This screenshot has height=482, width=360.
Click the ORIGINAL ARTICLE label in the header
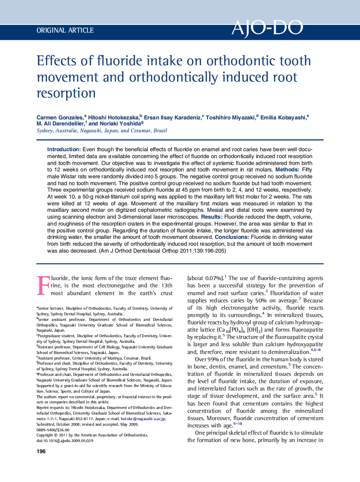point(65,30)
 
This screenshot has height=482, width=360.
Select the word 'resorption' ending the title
point(66,93)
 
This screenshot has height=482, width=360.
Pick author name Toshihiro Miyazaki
point(230,117)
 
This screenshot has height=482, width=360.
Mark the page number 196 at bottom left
point(41,452)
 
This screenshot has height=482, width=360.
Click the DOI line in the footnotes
point(64,441)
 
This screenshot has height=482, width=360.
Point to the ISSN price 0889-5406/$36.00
point(53,430)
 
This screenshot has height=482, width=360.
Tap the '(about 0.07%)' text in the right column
point(205,278)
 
